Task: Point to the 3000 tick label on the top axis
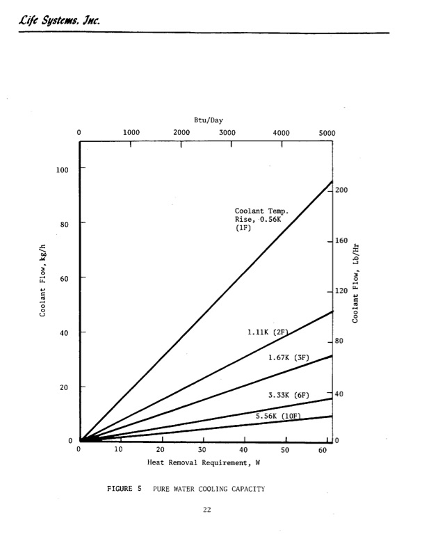click(227, 132)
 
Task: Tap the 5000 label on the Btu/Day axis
click(327, 132)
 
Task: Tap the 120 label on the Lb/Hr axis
click(342, 291)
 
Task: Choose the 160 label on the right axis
click(342, 241)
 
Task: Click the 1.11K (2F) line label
click(268, 332)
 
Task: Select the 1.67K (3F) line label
click(289, 357)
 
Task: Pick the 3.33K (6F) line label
click(289, 395)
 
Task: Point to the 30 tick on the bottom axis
click(202, 449)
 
